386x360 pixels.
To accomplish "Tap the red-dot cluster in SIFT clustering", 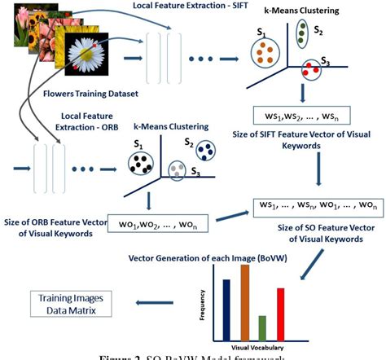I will pyautogui.click(x=309, y=68).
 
